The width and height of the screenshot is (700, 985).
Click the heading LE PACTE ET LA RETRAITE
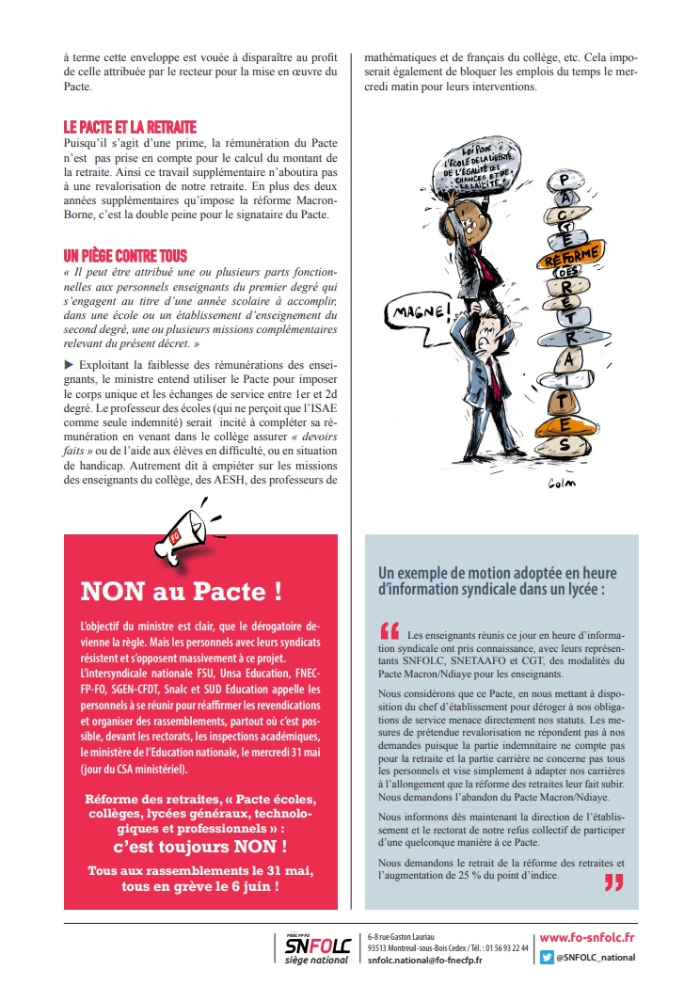click(130, 127)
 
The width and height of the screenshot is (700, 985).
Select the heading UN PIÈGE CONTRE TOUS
click(125, 256)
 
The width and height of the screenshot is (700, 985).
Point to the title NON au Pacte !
click(181, 591)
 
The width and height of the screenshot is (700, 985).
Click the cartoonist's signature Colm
click(561, 484)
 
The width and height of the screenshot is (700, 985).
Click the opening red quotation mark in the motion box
click(390, 630)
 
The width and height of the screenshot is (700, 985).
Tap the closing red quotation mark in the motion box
click(613, 882)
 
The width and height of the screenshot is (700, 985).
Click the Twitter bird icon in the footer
click(547, 958)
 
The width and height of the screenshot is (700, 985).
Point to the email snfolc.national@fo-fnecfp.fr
click(425, 960)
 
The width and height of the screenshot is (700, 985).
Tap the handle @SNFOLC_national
click(595, 958)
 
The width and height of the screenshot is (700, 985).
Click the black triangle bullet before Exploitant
click(68, 364)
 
